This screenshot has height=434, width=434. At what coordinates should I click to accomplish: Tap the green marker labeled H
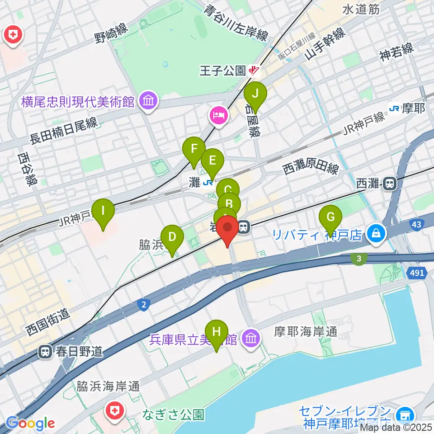coord(217,332)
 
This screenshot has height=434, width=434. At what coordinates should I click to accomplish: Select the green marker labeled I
coord(103,211)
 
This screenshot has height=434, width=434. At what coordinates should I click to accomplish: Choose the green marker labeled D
coord(172,237)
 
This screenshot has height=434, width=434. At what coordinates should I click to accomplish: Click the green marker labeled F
coord(194,149)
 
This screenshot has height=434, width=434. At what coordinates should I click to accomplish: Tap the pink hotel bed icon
coord(218,115)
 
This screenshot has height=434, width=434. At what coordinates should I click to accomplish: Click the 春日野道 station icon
coord(46,351)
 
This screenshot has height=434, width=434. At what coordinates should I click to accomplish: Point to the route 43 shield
coord(417,224)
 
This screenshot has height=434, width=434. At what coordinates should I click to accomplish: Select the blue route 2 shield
coord(143,306)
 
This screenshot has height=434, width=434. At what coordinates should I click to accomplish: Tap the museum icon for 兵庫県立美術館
coord(250,337)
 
